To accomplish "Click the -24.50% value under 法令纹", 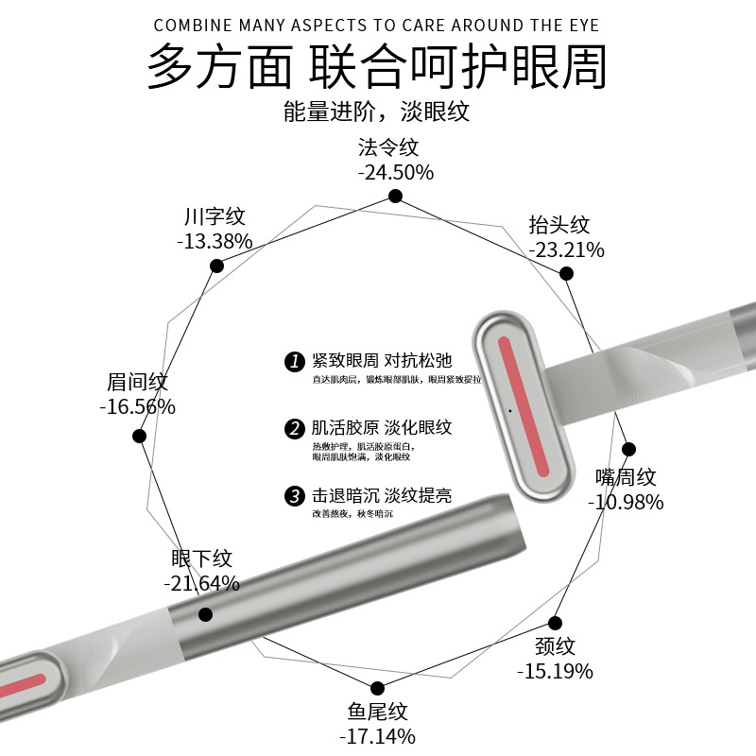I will point(395,172).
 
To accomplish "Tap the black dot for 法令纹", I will point(395,197).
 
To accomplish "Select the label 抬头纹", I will point(559,225).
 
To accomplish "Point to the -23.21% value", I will point(566,249).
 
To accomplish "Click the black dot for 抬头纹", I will point(566,274).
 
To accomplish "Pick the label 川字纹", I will point(215,216).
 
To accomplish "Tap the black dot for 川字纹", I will point(216,266).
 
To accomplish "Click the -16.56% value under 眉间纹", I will point(137,406).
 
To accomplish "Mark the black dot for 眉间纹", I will point(140,436).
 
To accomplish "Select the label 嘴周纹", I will point(626,477).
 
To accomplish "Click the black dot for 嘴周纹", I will point(629,450).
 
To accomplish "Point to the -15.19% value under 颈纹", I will point(555,671).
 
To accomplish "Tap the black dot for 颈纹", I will point(556,624).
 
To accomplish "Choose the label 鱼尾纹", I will point(377,712).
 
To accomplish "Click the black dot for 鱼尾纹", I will point(377,688).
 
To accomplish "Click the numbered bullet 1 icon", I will point(294,362).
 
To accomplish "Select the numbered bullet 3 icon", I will point(294,496).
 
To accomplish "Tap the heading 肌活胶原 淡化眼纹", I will point(382,428).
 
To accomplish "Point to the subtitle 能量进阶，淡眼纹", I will point(376,111).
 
